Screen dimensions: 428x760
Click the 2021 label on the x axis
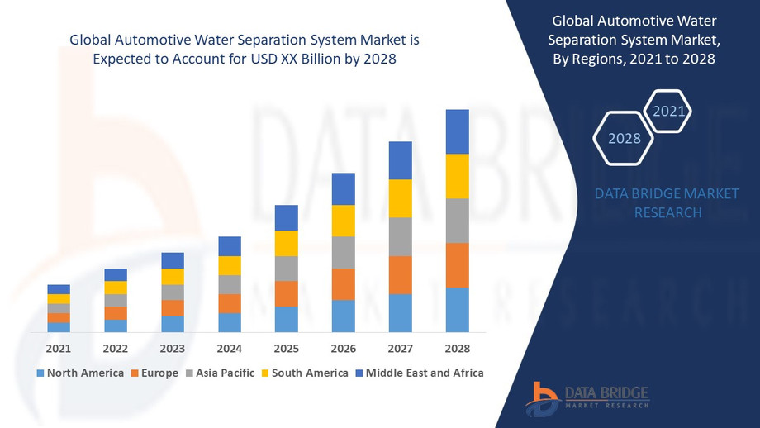click(59, 348)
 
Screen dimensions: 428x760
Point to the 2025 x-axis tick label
click(287, 348)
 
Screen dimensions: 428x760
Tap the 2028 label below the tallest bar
click(458, 348)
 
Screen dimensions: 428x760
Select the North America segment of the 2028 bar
click(458, 310)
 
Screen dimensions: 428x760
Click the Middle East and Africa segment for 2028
click(458, 131)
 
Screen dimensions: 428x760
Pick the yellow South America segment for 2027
click(401, 198)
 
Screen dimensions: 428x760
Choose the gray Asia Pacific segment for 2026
click(344, 252)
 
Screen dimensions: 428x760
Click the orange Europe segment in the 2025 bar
click(287, 293)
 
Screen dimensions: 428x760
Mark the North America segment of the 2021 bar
click(59, 327)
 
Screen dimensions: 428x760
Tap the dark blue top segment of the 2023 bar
click(173, 260)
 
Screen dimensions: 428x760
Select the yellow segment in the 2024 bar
click(230, 265)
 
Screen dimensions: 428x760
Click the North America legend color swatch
click(40, 373)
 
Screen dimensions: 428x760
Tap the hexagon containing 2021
click(667, 110)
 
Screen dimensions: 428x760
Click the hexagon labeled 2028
click(625, 138)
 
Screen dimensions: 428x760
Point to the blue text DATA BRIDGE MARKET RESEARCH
click(667, 203)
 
